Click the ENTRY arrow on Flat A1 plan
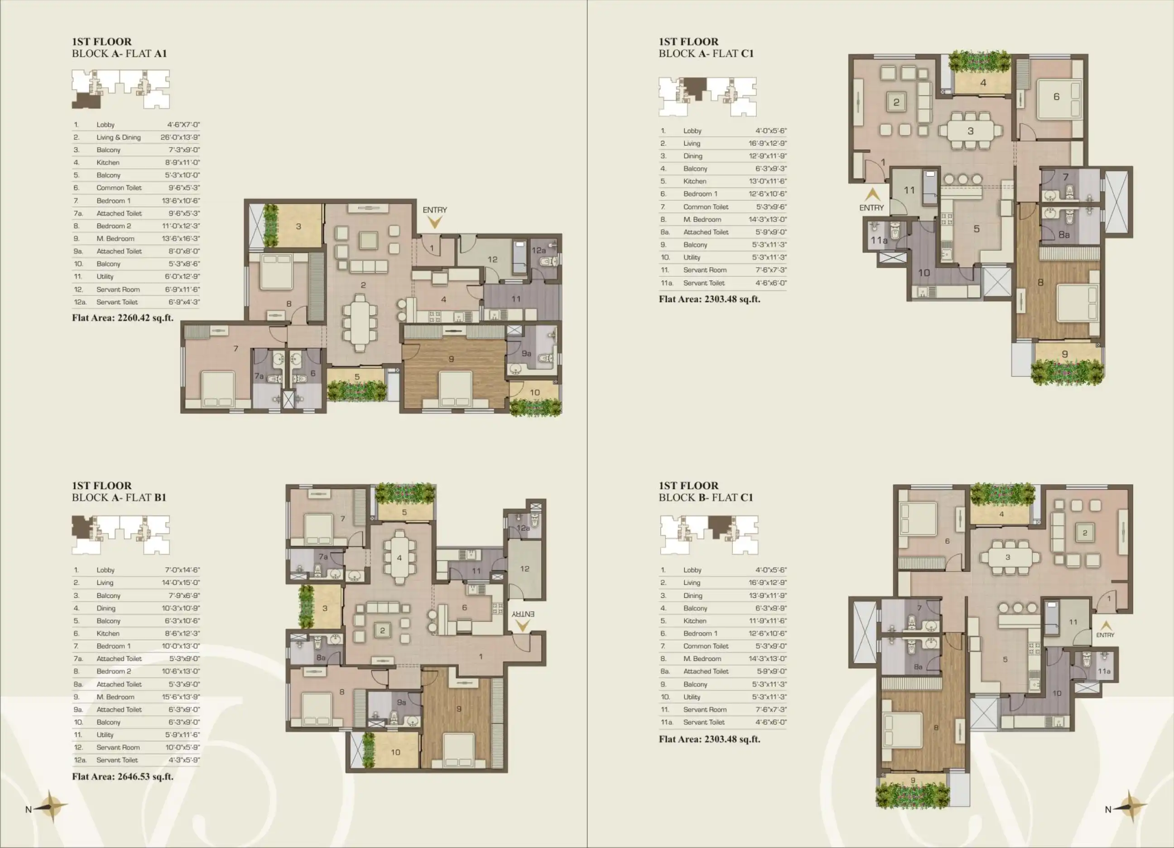pos(435,222)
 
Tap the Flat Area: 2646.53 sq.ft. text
pos(123,776)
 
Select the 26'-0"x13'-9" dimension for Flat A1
pos(180,137)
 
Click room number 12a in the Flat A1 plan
pos(539,251)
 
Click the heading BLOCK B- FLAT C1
pos(706,497)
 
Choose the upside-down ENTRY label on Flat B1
pos(523,614)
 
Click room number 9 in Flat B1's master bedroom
pos(459,709)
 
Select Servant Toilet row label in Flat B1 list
pos(117,760)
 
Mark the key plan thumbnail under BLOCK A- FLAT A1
pos(120,89)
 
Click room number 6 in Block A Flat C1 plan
pos(1057,97)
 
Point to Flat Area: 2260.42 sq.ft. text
pos(123,318)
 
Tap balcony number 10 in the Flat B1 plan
pos(395,752)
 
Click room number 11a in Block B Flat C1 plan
pos(1104,671)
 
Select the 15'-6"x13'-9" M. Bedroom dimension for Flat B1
pos(181,697)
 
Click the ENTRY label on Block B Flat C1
pos(1105,635)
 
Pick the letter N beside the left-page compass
pos(29,809)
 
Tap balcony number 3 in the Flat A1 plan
pos(298,226)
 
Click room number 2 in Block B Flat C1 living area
pos(1085,533)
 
